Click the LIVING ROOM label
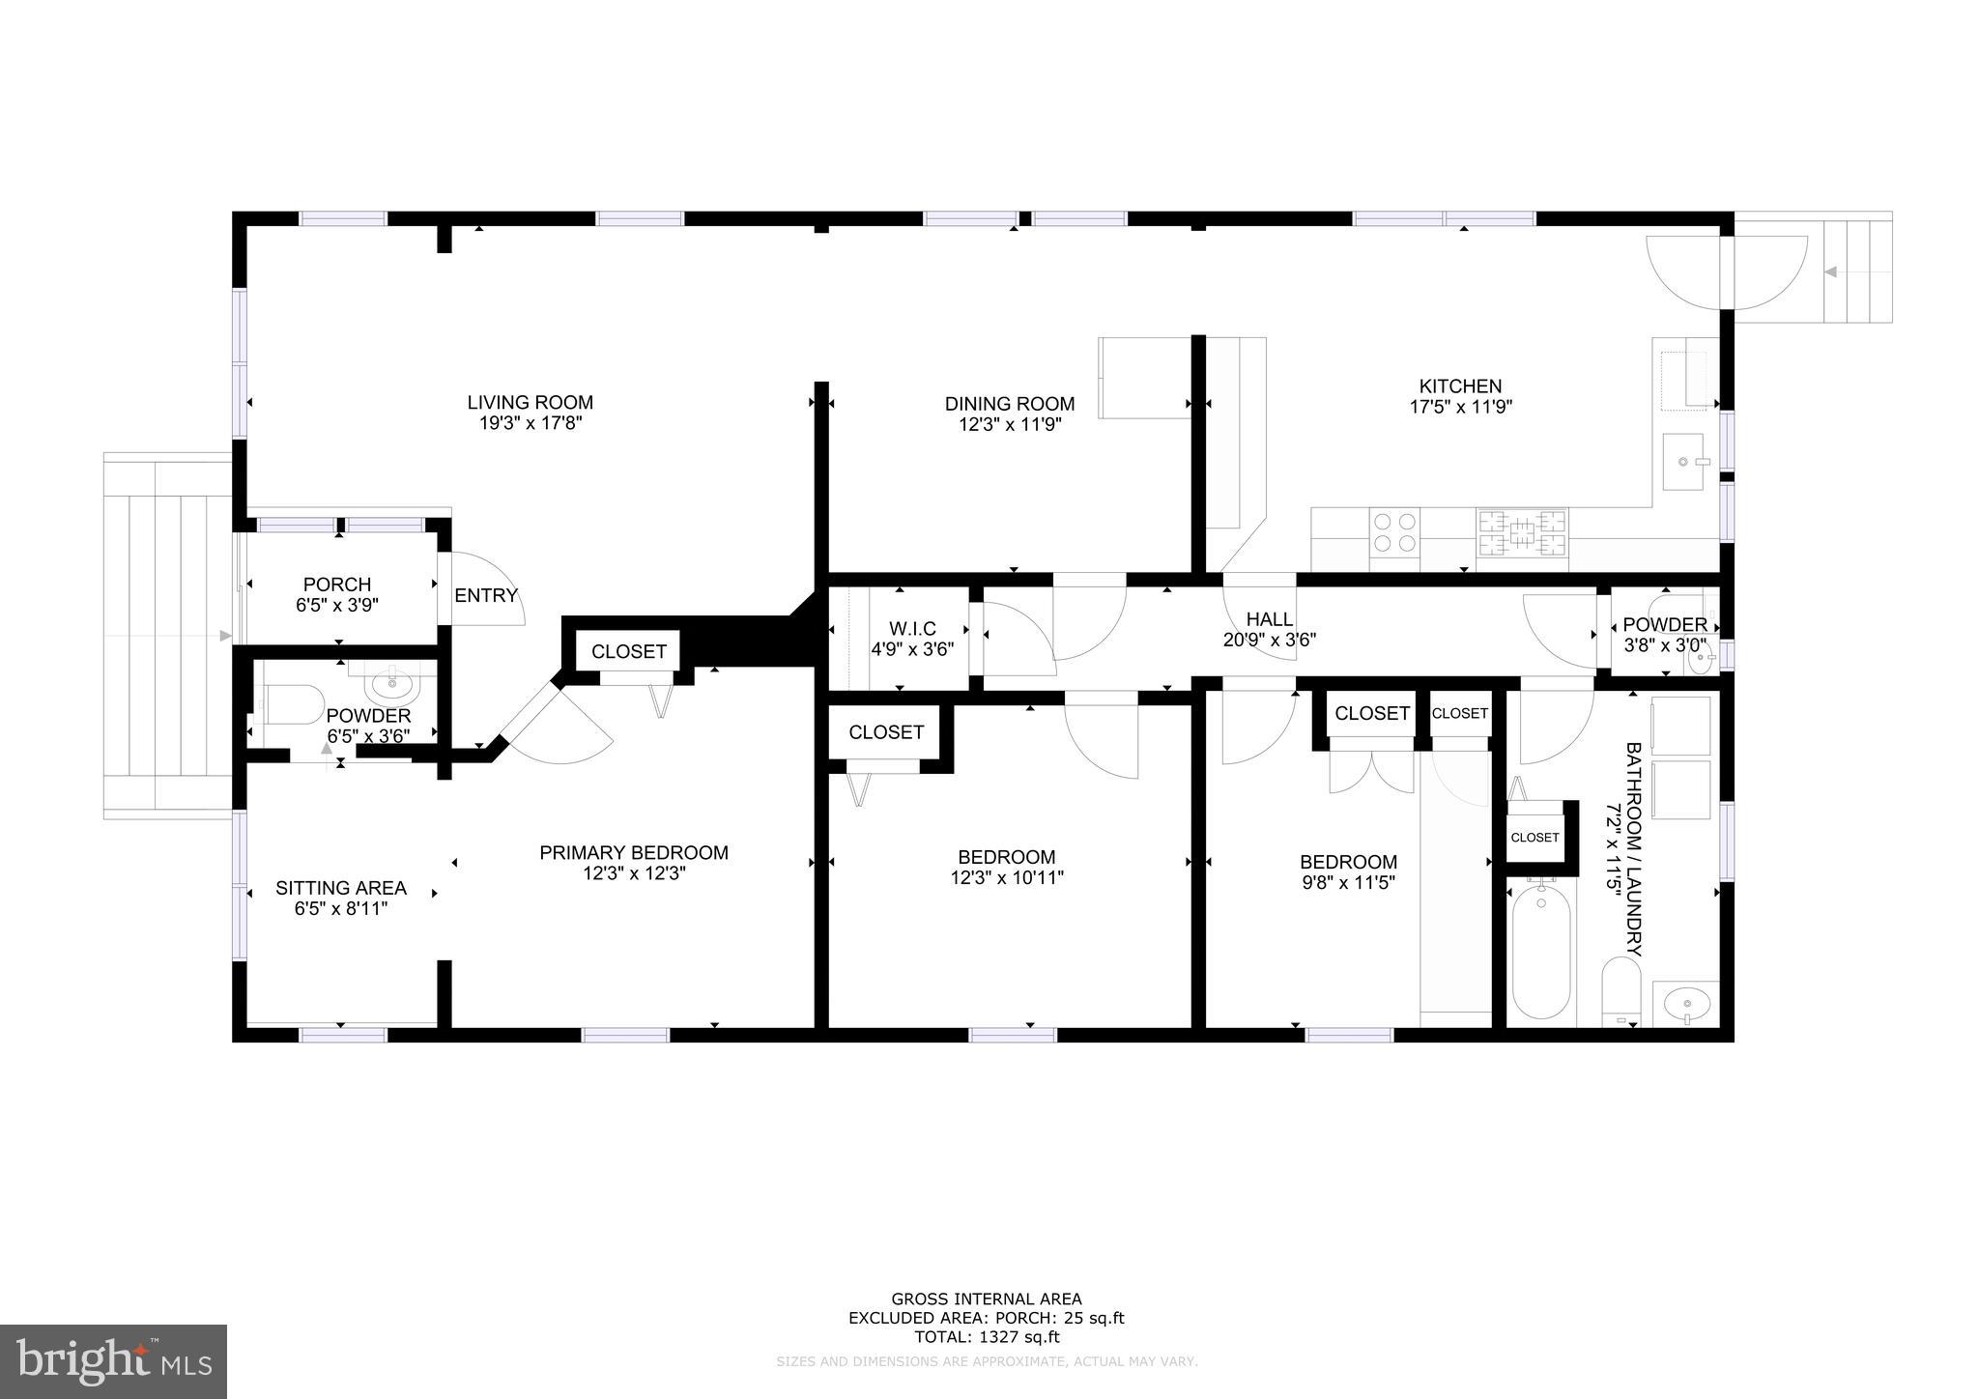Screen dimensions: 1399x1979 point(530,402)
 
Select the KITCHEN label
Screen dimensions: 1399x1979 point(1459,385)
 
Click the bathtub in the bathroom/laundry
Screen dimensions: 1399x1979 point(1541,952)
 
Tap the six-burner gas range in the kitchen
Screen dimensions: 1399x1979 point(1521,533)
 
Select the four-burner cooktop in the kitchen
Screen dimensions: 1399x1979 point(1394,533)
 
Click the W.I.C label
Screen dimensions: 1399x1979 point(912,629)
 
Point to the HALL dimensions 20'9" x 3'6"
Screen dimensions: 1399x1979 point(1269,639)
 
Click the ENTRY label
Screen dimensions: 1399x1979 point(486,595)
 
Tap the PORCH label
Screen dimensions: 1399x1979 point(336,585)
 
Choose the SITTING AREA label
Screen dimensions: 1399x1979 point(340,887)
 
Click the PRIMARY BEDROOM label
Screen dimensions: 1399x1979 point(633,852)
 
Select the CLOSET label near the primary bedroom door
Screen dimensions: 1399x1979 point(628,651)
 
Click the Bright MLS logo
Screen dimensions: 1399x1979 point(113,1362)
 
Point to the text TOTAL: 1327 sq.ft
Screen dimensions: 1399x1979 point(987,1337)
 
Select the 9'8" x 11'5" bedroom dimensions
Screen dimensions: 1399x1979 point(1347,882)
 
